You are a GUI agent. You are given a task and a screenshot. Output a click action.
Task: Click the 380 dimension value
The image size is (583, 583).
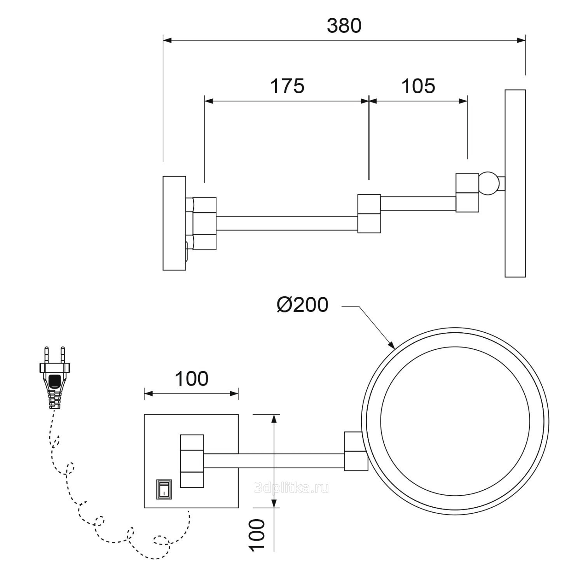click(344, 26)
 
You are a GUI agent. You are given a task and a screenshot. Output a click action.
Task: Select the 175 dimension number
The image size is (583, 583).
click(287, 86)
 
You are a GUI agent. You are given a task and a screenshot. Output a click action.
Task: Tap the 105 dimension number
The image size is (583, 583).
click(418, 86)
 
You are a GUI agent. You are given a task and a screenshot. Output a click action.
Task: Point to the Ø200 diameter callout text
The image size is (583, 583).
click(302, 305)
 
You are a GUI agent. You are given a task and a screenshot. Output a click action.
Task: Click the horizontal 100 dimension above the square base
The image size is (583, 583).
click(191, 379)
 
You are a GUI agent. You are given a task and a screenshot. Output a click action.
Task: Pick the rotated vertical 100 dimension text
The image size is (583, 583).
click(257, 534)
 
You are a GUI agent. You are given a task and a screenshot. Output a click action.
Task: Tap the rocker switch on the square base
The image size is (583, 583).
click(163, 489)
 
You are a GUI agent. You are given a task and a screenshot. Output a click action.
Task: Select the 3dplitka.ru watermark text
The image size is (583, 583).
click(291, 488)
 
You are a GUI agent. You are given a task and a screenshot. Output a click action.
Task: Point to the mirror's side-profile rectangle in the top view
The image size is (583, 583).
click(515, 183)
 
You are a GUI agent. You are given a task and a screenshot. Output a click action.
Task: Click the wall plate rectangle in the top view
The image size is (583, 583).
click(174, 223)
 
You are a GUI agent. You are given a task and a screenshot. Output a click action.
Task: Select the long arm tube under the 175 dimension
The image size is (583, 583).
click(286, 223)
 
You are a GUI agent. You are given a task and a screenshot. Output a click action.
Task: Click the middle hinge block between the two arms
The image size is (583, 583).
click(369, 214)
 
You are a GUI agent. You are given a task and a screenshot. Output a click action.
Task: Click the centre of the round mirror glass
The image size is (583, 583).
click(455, 421)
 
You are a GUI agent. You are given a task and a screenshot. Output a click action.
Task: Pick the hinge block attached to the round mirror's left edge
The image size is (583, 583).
click(356, 451)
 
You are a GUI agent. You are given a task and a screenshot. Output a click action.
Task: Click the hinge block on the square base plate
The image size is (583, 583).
click(192, 461)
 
